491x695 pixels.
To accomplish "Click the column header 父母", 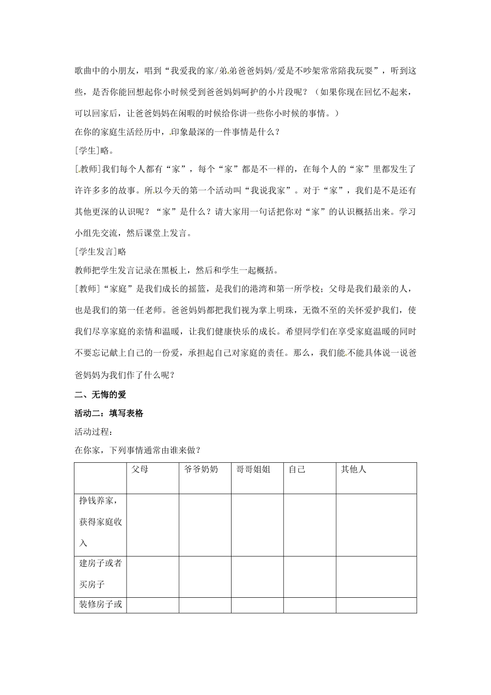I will pos(140,470).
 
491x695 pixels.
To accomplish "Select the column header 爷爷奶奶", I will pos(201,470).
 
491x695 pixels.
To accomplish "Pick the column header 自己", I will pos(297,470).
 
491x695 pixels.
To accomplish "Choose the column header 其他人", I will pos(354,470).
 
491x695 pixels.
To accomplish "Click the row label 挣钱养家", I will pos(100,501).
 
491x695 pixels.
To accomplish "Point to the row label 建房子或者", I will pos(100,563).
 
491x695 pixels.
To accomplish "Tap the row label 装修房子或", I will pos(100,604).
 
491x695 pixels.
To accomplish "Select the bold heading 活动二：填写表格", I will pos(109,413).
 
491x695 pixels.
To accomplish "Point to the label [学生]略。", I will pos(94,150).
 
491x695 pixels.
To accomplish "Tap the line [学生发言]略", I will pos(100,252).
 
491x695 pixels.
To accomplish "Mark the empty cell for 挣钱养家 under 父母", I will pos(152,525).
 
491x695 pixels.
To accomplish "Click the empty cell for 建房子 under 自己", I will pos(310,577).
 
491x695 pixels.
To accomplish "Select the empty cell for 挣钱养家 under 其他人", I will pos(376,525).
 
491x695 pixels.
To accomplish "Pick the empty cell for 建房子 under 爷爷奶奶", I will pos(205,577).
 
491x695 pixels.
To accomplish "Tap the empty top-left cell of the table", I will pos(100,478).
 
